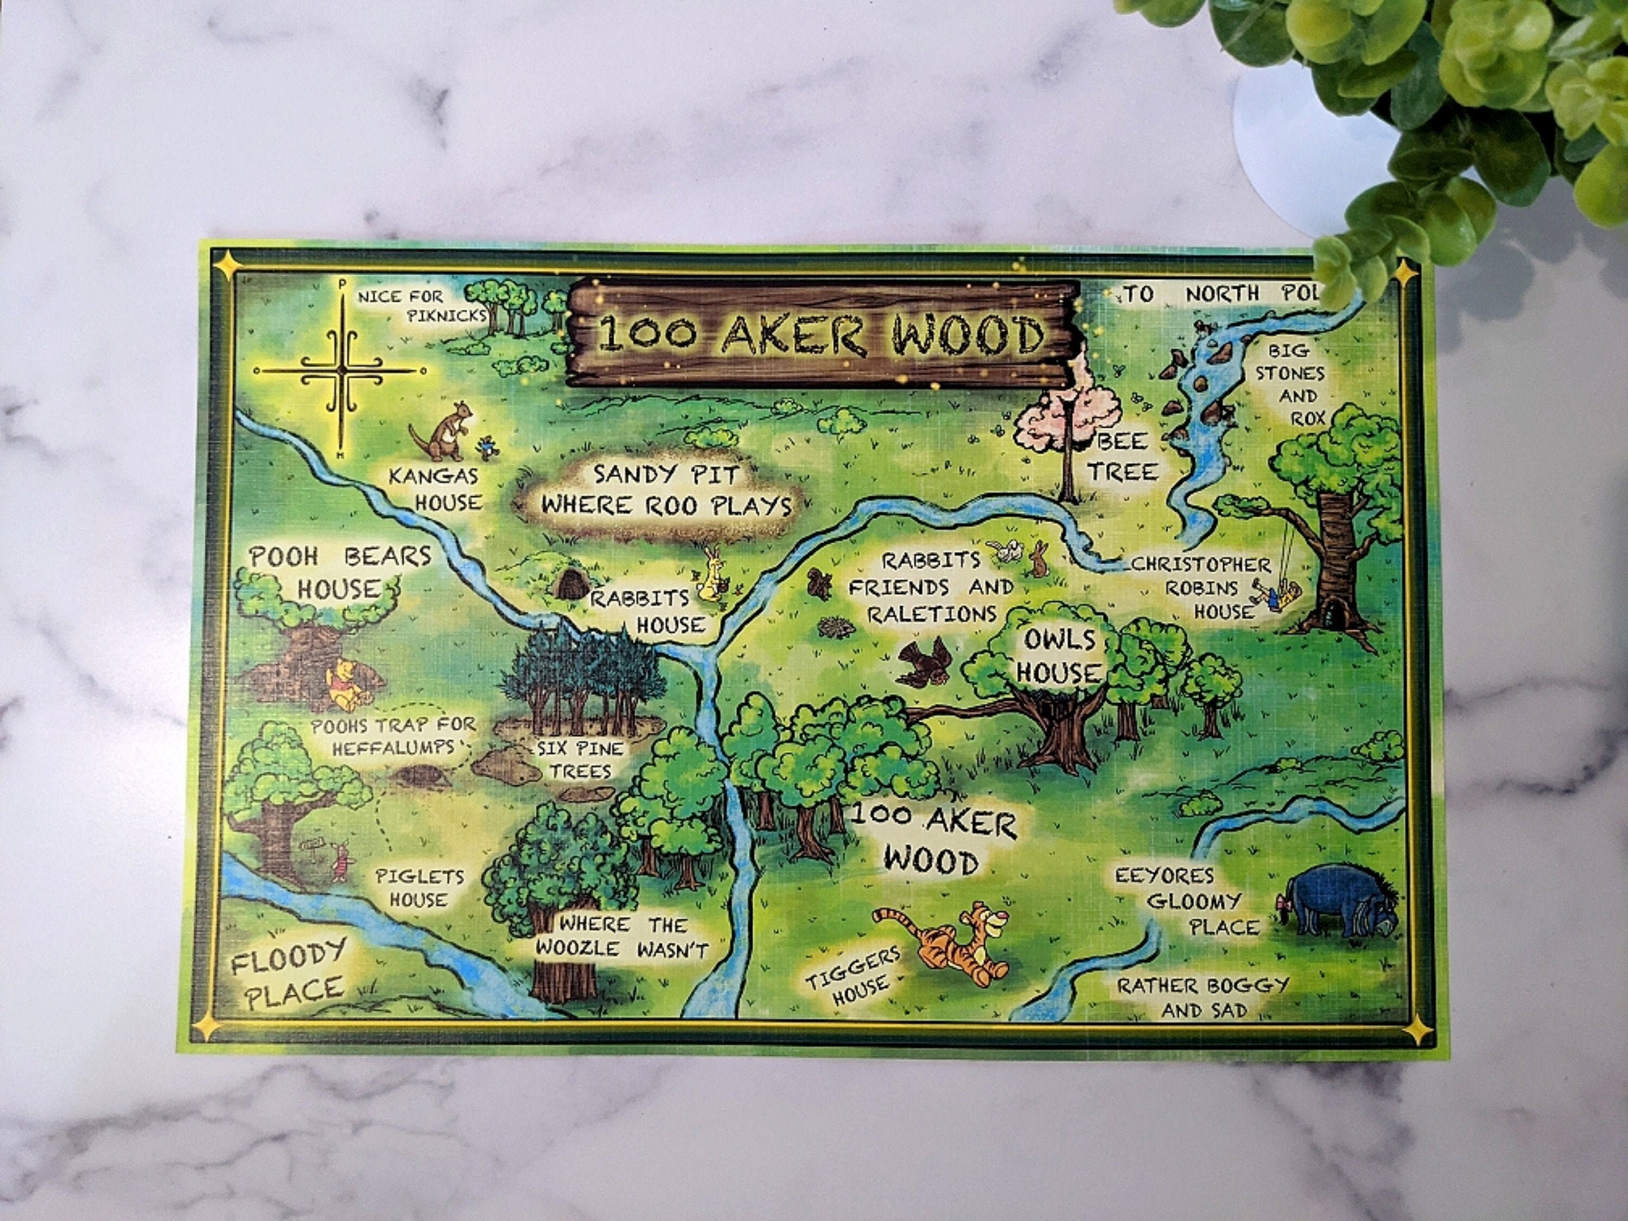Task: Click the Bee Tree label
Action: coord(1122,456)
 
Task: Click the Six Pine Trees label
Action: coord(580,760)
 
